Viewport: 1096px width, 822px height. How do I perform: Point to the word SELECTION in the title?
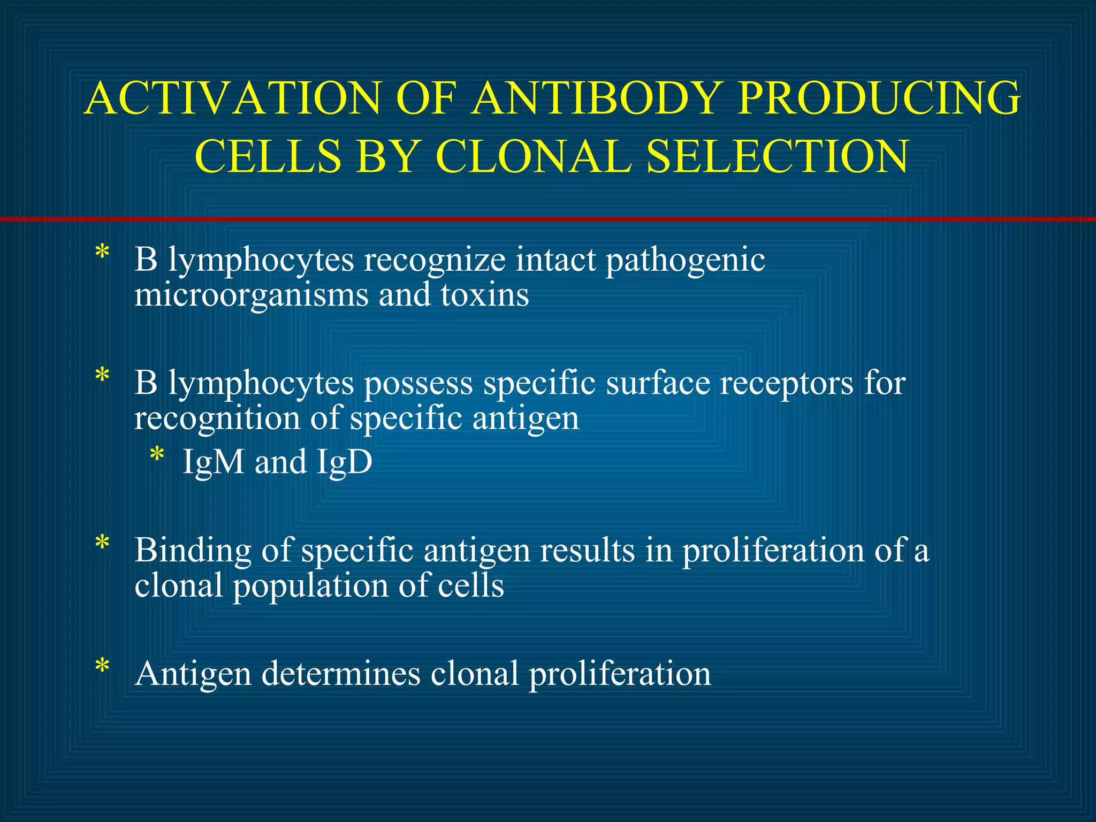[x=777, y=156]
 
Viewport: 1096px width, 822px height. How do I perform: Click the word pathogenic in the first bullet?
[x=685, y=261]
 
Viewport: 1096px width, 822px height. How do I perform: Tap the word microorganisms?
[x=252, y=295]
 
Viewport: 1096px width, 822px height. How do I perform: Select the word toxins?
[x=485, y=294]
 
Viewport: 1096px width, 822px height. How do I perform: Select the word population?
[x=310, y=586]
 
